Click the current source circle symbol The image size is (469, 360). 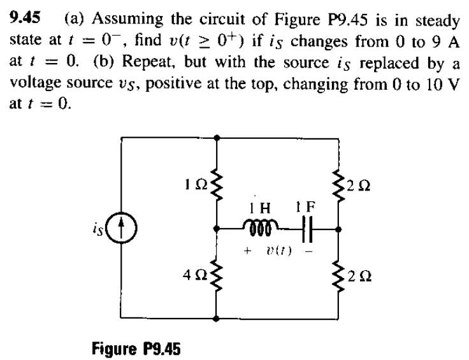[125, 227]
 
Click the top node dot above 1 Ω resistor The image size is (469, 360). [218, 136]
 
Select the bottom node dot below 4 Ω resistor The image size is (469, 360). [218, 317]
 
